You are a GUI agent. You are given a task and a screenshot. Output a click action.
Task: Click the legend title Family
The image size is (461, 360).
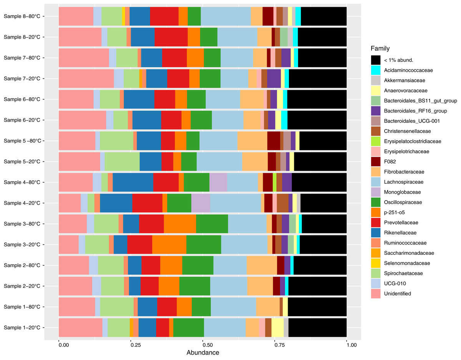380,49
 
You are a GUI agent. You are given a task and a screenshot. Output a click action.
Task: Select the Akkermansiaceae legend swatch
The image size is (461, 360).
376,80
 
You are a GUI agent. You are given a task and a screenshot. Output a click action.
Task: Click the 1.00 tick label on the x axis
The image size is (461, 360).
347,345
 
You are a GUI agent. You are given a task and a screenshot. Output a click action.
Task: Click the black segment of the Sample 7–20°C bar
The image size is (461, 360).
318,79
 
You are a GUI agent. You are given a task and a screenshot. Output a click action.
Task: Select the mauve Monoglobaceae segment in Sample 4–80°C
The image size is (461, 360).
218,182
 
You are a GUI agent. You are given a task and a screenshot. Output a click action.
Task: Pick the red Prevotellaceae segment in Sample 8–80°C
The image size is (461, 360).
164,17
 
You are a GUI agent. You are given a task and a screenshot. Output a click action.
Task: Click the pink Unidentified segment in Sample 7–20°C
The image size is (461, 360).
86,79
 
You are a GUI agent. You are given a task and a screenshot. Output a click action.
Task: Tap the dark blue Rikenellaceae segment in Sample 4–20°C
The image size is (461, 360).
116,203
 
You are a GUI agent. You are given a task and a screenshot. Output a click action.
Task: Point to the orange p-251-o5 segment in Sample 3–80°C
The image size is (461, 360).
180,224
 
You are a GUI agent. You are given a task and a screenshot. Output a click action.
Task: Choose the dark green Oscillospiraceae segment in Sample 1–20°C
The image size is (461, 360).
188,328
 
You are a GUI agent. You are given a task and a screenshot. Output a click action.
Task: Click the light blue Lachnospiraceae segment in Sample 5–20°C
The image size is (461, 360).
219,162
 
